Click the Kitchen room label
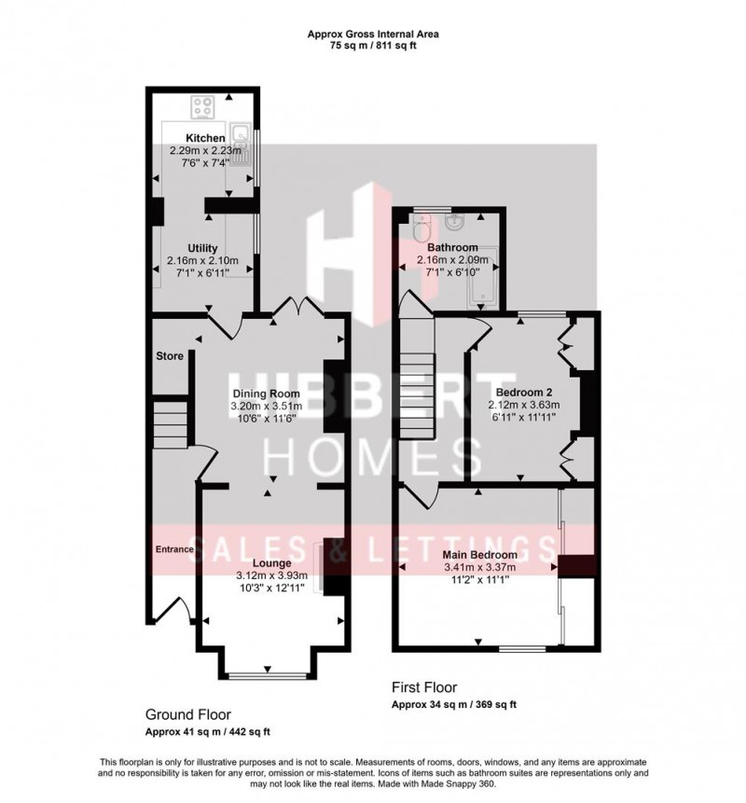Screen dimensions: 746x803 pyautogui.click(x=205, y=138)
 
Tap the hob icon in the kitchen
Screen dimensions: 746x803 pyautogui.click(x=202, y=107)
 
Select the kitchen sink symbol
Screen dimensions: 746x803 pyautogui.click(x=240, y=145)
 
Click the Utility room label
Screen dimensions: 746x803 pyautogui.click(x=202, y=248)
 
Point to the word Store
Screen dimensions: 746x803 pyautogui.click(x=170, y=356)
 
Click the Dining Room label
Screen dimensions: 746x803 pyautogui.click(x=267, y=394)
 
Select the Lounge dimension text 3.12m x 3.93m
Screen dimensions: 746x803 pyautogui.click(x=272, y=575)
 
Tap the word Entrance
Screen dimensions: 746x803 pyautogui.click(x=174, y=549)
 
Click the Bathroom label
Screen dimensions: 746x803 pyautogui.click(x=452, y=247)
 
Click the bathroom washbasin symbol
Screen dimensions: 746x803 pyautogui.click(x=454, y=222)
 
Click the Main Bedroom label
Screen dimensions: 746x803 pyautogui.click(x=479, y=555)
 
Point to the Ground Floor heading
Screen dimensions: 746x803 pyautogui.click(x=188, y=714)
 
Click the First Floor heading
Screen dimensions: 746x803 pyautogui.click(x=424, y=687)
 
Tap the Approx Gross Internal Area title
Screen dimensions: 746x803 pyautogui.click(x=373, y=35)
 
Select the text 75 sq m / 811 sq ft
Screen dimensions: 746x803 pyautogui.click(x=373, y=45)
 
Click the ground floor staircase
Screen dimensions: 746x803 pyautogui.click(x=171, y=424)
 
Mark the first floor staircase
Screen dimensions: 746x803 pyautogui.click(x=417, y=379)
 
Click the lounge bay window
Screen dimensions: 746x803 pyautogui.click(x=268, y=676)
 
